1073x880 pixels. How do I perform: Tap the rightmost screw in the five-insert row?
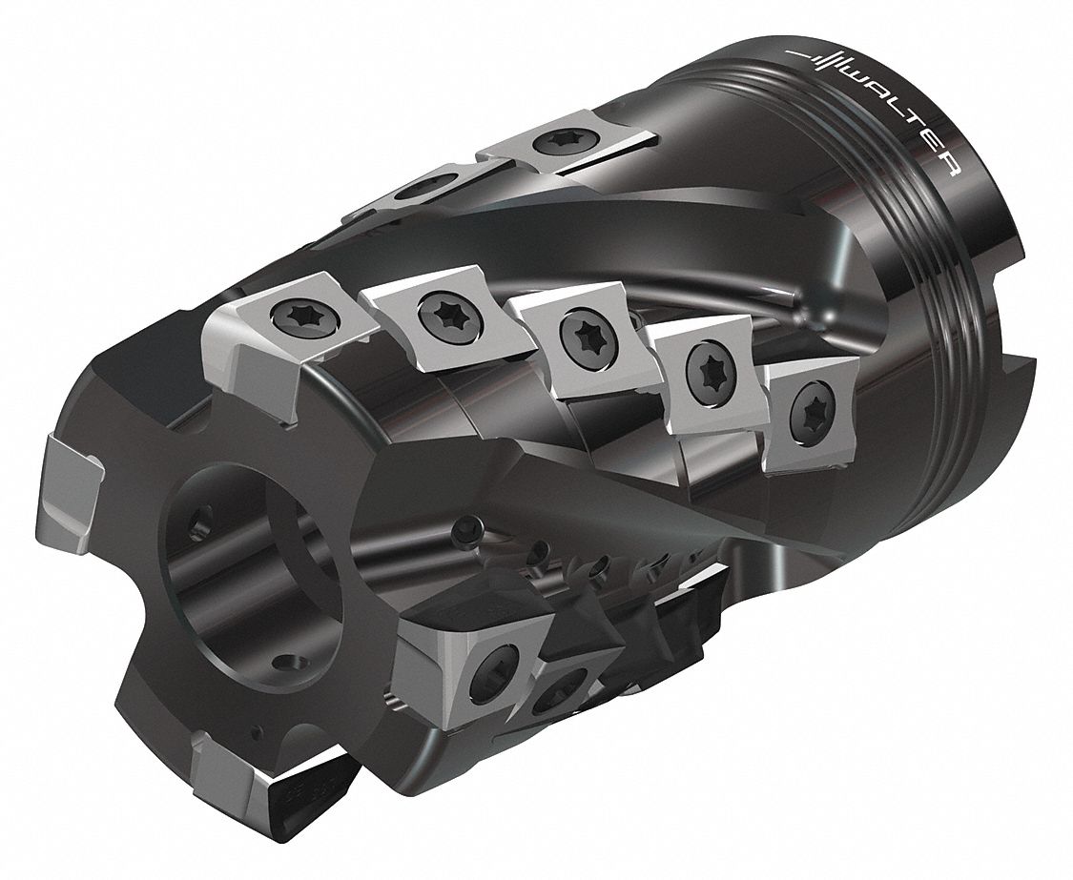pos(810,408)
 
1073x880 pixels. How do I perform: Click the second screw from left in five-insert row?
pos(445,317)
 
